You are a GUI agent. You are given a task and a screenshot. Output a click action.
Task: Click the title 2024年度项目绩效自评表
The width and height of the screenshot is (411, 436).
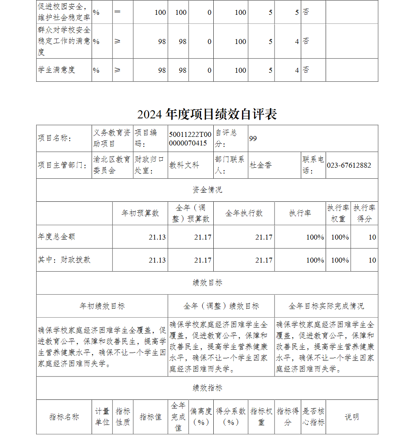click(207, 114)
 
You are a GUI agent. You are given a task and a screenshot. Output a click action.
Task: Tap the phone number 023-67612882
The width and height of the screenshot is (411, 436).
click(349, 165)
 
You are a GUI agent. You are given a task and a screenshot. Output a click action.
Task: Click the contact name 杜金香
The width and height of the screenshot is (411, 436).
click(261, 165)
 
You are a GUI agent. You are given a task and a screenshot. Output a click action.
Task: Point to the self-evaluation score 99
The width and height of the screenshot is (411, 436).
click(253, 138)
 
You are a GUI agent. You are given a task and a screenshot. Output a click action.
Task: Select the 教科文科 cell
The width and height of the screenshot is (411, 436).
click(184, 165)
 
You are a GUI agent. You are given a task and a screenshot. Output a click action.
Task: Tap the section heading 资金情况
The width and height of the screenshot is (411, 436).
click(207, 190)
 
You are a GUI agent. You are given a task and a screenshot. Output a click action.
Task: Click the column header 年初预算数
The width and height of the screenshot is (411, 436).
click(140, 213)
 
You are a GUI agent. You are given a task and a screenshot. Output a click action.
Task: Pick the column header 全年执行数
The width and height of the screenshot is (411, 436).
click(244, 213)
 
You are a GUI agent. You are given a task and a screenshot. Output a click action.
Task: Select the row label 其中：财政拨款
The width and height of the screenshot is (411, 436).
click(64, 260)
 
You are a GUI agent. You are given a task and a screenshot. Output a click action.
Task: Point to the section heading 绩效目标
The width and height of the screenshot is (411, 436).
click(207, 283)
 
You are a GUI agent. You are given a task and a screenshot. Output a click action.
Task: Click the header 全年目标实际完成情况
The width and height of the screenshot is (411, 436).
click(326, 306)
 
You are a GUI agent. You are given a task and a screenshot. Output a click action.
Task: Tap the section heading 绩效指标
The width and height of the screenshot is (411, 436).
click(207, 388)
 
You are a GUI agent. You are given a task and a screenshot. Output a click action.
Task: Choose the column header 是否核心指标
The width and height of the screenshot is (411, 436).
click(314, 417)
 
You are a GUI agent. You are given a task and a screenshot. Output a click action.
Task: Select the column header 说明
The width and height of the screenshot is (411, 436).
click(352, 417)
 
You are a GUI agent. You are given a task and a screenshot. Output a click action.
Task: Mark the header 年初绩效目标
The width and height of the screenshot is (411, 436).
click(102, 306)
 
